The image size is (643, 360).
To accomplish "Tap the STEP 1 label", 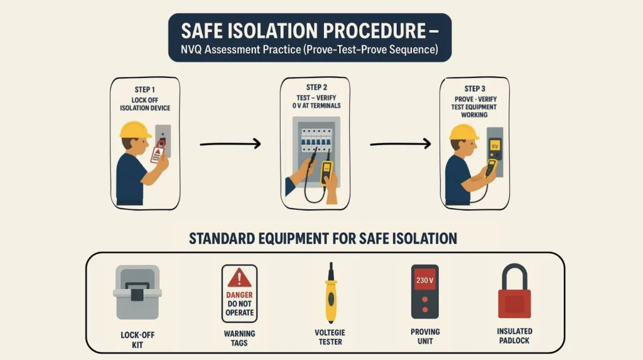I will [145, 90].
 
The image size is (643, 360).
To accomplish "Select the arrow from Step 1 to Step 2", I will [230, 145].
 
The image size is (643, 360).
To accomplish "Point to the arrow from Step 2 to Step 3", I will [400, 145].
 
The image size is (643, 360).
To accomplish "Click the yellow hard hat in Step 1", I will [135, 130].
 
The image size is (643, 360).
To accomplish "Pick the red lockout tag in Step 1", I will [158, 152].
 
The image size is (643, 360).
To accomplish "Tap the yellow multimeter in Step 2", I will [327, 172].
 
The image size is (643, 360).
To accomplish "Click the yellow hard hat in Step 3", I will [464, 132].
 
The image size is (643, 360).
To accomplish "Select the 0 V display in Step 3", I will [495, 146].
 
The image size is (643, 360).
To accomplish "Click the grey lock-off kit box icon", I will [137, 293].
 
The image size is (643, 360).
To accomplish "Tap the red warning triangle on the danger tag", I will [239, 278].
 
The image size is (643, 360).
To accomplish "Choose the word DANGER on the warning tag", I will [239, 295].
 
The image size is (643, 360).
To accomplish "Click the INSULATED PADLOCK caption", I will [514, 335].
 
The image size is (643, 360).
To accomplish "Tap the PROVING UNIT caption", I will [425, 335].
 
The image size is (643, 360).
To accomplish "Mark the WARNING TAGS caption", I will [239, 338].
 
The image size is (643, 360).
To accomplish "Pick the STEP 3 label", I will [474, 89].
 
